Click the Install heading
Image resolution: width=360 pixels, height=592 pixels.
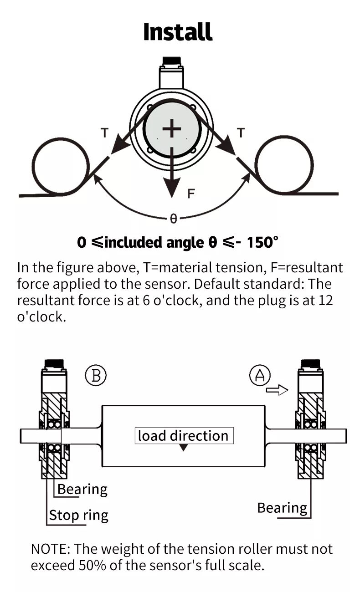click(178, 32)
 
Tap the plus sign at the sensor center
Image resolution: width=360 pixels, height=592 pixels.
click(172, 129)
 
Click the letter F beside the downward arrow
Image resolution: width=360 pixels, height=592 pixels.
click(191, 194)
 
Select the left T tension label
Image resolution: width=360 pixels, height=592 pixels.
click(105, 133)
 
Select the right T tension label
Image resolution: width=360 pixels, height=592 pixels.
click(241, 133)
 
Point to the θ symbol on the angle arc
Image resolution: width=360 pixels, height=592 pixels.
click(173, 219)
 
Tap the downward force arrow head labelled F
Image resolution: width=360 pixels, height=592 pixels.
click(172, 188)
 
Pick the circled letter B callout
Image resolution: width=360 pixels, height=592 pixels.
click(96, 376)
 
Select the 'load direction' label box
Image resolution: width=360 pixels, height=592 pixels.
click(183, 436)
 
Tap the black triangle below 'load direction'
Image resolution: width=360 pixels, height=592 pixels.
click(183, 448)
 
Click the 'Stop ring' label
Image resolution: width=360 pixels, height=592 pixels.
click(79, 515)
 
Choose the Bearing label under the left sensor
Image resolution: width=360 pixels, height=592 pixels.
click(82, 490)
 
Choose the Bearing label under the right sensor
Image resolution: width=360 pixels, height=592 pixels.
click(282, 508)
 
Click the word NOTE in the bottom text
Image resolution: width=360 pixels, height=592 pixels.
click(48, 549)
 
